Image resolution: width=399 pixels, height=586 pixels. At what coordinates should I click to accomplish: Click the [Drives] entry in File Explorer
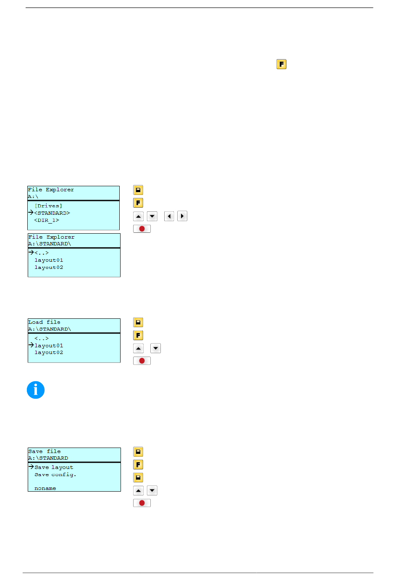click(48, 206)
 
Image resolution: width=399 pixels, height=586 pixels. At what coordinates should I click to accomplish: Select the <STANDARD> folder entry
click(52, 213)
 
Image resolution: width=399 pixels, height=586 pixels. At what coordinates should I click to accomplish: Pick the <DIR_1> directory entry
click(46, 220)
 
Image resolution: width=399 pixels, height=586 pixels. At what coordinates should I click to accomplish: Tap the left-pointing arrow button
click(169, 216)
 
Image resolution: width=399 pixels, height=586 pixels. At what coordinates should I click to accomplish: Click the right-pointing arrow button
click(182, 216)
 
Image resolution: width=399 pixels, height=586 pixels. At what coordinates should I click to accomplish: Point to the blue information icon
click(36, 390)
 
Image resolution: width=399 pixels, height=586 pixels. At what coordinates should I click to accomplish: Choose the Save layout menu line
click(54, 467)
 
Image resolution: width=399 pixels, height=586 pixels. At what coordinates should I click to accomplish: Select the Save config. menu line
click(55, 474)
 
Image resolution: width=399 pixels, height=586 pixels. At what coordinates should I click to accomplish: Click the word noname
click(45, 488)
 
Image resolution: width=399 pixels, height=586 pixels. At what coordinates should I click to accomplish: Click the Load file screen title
click(44, 322)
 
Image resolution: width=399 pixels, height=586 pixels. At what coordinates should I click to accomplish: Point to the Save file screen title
click(44, 451)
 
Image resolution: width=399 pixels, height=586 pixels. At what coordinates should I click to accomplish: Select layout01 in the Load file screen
click(49, 346)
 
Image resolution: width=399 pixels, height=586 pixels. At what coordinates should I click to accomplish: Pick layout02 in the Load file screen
click(49, 353)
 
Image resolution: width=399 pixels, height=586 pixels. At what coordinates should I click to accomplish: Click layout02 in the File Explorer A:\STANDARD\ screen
click(49, 267)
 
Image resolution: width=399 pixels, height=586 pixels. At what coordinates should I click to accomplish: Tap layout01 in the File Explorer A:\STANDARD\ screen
click(49, 260)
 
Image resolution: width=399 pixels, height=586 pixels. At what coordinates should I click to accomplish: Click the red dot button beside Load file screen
click(142, 361)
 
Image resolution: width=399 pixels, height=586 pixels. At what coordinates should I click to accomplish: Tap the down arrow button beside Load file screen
click(156, 348)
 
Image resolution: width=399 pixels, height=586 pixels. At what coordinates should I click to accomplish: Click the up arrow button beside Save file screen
click(138, 490)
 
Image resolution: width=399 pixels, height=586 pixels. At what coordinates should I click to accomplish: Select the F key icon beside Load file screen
click(138, 336)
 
